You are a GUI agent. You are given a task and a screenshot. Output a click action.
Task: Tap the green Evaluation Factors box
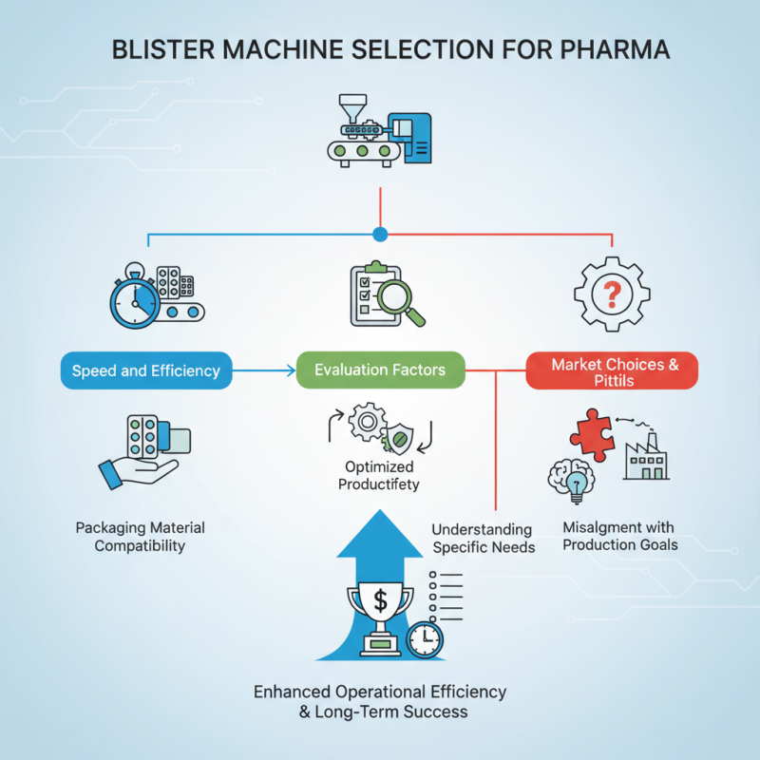coord(380,370)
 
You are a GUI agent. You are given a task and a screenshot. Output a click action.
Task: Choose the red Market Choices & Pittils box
coord(612,371)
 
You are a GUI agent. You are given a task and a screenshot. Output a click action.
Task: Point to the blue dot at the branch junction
coord(381,234)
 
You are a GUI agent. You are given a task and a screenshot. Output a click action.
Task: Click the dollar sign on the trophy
coord(380,600)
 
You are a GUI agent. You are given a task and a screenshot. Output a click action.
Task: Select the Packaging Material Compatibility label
coord(140,537)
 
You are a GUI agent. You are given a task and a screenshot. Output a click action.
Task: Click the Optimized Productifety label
coord(380,476)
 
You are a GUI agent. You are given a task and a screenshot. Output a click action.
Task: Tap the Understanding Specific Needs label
coord(482,538)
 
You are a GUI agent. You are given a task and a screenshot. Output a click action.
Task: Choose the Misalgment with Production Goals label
coord(619,536)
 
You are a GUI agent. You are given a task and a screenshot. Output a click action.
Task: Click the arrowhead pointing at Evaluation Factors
coord(290,370)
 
